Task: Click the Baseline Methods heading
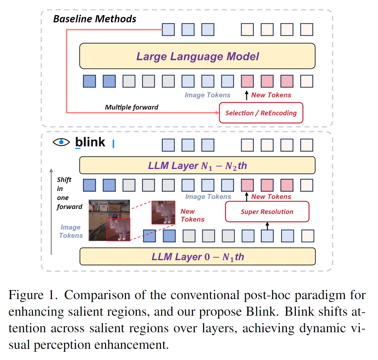95,19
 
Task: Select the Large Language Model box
197,56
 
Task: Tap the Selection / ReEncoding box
261,113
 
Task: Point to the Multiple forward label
131,107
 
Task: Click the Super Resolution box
267,212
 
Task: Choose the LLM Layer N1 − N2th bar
197,166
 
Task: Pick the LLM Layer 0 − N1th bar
197,257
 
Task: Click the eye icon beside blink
61,142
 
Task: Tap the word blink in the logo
90,142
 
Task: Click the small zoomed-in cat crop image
163,212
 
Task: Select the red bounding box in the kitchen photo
118,229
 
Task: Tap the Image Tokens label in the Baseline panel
208,95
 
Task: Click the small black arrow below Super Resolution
267,226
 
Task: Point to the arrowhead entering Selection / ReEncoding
217,113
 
